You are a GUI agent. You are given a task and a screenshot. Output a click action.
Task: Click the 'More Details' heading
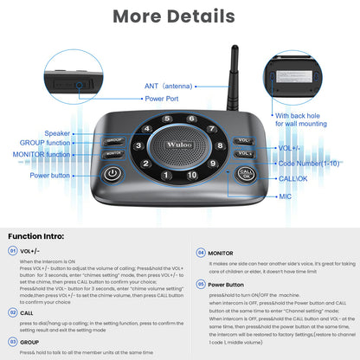pyautogui.click(x=179, y=16)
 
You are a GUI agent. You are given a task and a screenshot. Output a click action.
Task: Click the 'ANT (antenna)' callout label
pyautogui.click(x=170, y=87)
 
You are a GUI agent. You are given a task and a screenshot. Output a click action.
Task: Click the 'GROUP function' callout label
pyautogui.click(x=46, y=144)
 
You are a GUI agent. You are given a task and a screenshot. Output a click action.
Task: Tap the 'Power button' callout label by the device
pyautogui.click(x=50, y=175)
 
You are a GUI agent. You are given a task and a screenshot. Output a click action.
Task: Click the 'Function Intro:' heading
pyautogui.click(x=39, y=236)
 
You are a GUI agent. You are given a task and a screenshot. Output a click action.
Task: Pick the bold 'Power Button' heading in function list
pyautogui.click(x=226, y=284)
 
